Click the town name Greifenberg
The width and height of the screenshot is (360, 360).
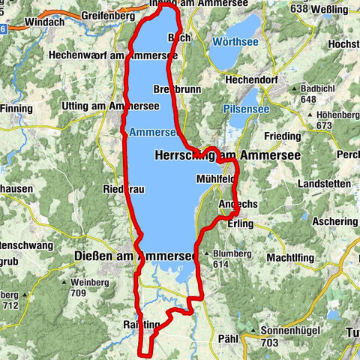click(103, 15)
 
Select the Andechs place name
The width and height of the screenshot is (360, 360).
click(237, 205)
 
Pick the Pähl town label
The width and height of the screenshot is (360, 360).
click(227, 339)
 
